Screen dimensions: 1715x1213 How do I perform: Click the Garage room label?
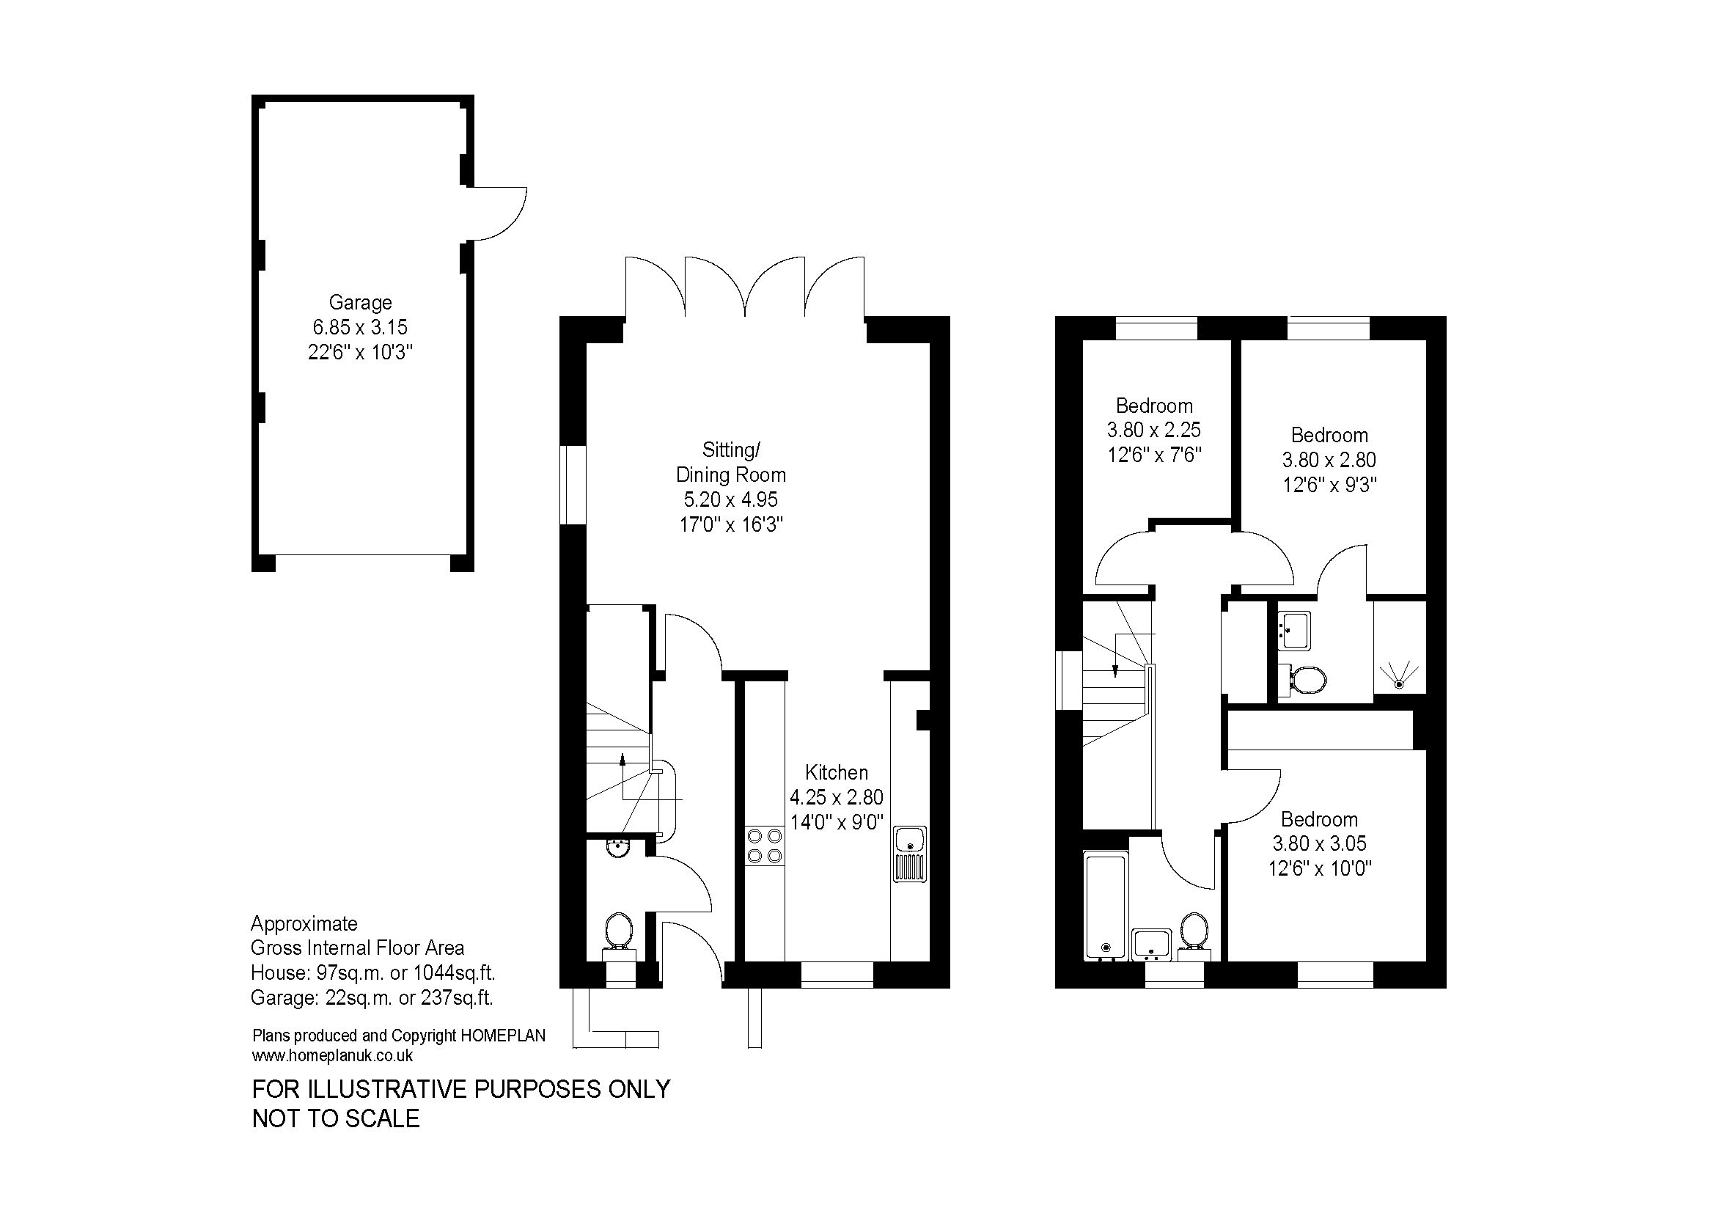coord(360,302)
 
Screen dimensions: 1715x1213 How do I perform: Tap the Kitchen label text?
coord(837,772)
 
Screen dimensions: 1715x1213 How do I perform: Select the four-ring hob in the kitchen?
coord(764,846)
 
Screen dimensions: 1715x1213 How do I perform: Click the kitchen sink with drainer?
coord(910,854)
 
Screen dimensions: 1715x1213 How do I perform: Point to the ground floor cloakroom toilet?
coord(617,934)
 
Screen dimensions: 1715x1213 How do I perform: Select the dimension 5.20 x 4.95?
coord(730,499)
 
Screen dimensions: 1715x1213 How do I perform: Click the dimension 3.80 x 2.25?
coord(1153,430)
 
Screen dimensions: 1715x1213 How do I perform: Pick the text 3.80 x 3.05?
coord(1319,843)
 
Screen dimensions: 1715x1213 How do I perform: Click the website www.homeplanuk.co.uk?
coord(332,1055)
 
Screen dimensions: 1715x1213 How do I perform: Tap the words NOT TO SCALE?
coord(336,1118)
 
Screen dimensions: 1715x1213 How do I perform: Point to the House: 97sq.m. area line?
coord(373,973)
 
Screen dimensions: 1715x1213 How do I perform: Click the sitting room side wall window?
coord(573,485)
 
